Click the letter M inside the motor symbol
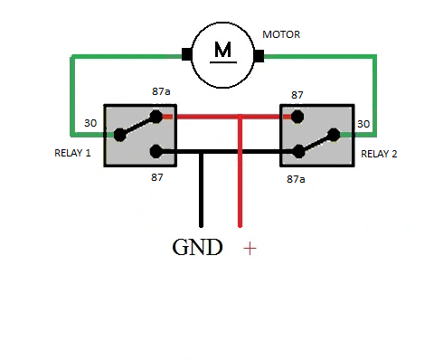tap(222, 50)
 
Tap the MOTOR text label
tap(281, 34)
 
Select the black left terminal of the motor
tap(186, 54)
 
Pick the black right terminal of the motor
tap(259, 56)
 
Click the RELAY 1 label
tap(72, 153)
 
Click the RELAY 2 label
tap(379, 154)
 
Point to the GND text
tap(197, 247)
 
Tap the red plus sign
tap(250, 249)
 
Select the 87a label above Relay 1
tap(161, 91)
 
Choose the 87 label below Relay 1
tap(157, 177)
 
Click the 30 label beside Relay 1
tap(90, 123)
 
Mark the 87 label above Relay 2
tap(297, 95)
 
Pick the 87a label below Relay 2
tap(296, 179)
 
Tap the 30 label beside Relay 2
tap(363, 124)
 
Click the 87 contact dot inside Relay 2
tap(297, 117)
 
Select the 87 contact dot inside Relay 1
tap(156, 151)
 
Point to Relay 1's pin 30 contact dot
tap(120, 135)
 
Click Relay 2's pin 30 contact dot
tap(334, 135)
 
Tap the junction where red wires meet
tap(240, 117)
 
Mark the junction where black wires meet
tap(202, 152)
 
